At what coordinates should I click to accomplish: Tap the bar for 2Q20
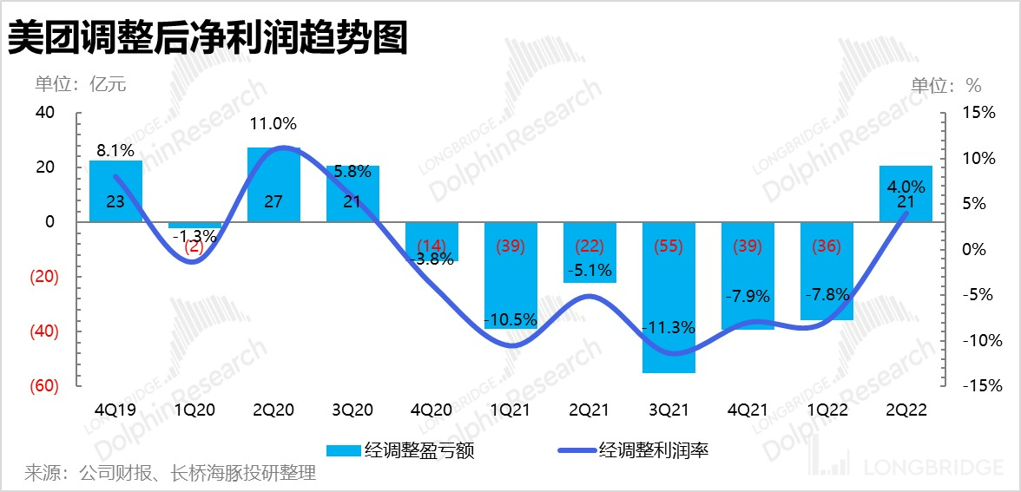tap(273, 184)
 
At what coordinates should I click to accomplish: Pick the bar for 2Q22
tap(906, 193)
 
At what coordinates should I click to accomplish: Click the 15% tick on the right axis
tap(978, 114)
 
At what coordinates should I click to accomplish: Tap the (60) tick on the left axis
tap(43, 386)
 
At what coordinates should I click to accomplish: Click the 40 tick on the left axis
tap(45, 113)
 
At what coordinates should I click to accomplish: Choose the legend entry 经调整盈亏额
tap(400, 449)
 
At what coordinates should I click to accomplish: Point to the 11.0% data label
tap(273, 124)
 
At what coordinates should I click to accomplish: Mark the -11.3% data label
tap(669, 328)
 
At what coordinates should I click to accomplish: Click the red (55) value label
tap(669, 246)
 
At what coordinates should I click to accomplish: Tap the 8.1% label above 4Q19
tap(115, 149)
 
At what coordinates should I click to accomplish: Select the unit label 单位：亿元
tap(81, 84)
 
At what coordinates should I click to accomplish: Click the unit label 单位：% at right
tap(945, 85)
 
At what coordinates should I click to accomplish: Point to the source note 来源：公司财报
tap(170, 473)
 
